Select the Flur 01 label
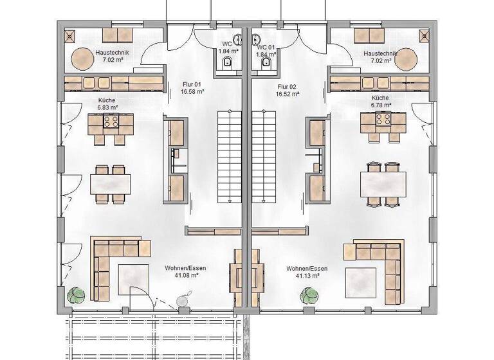(192, 89)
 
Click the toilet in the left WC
(226, 62)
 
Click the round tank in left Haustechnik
(82, 59)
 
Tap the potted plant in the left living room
(77, 294)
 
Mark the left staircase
(226, 154)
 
